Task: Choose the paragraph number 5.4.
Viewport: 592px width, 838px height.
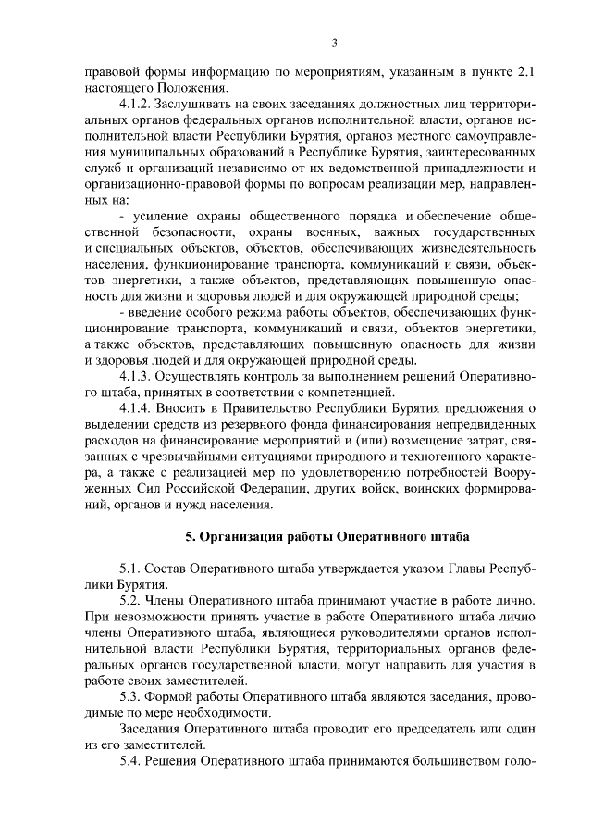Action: coord(129,762)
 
